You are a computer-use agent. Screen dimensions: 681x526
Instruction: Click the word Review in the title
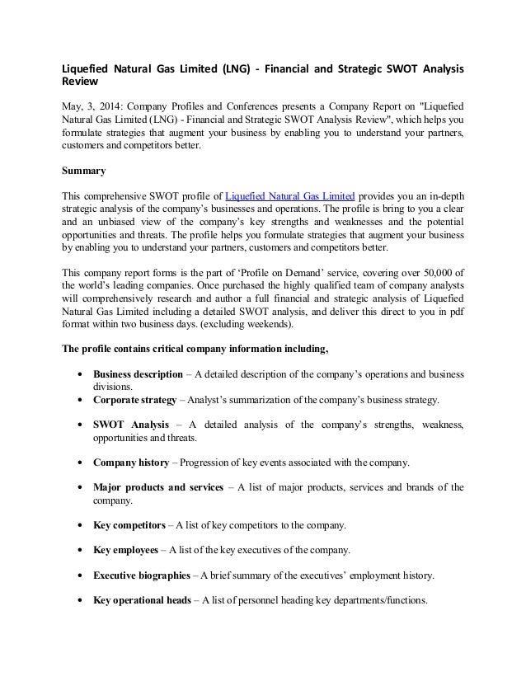coord(81,82)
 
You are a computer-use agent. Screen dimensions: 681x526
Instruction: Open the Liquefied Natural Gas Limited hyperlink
coord(290,195)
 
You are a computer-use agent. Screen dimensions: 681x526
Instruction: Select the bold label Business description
coord(138,375)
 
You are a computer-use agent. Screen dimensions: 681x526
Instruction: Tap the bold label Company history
coord(132,462)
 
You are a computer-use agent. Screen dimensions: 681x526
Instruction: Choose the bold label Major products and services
coord(157,487)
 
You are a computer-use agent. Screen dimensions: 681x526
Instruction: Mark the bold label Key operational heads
coord(143,599)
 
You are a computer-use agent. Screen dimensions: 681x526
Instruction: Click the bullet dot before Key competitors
coord(78,525)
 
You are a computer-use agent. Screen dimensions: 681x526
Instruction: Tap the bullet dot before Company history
coord(78,462)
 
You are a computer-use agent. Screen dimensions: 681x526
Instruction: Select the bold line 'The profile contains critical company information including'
coord(195,347)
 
